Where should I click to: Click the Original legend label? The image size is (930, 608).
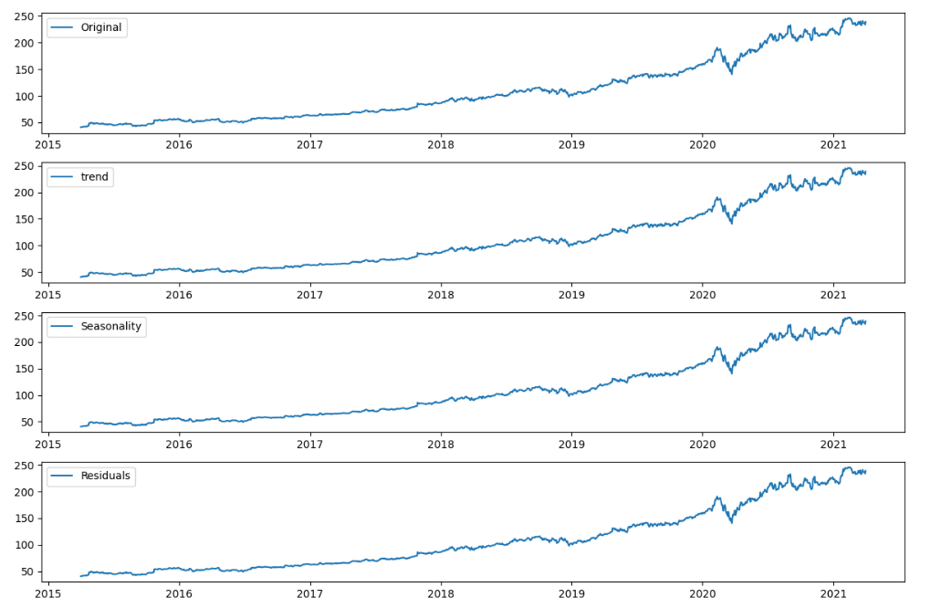tap(102, 27)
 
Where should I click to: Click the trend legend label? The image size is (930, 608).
tap(96, 177)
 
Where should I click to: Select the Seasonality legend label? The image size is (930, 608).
tap(111, 326)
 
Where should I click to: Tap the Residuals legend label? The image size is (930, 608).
tap(106, 476)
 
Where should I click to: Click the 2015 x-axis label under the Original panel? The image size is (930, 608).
tap(48, 144)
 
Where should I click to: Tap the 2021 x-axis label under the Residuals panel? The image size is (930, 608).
tap(833, 593)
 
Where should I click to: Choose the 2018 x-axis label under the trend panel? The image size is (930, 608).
tap(441, 294)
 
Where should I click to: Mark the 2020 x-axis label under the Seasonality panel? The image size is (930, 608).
tap(703, 444)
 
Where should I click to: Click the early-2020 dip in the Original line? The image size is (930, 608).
tap(730, 72)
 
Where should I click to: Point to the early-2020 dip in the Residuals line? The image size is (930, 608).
tap(730, 521)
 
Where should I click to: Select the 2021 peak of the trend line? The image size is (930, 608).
tap(848, 168)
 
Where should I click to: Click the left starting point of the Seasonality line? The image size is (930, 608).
tap(80, 426)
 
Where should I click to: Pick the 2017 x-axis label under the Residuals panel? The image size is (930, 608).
tap(310, 593)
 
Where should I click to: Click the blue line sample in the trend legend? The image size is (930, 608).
tap(63, 177)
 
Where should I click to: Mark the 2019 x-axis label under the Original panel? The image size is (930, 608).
tap(571, 144)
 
